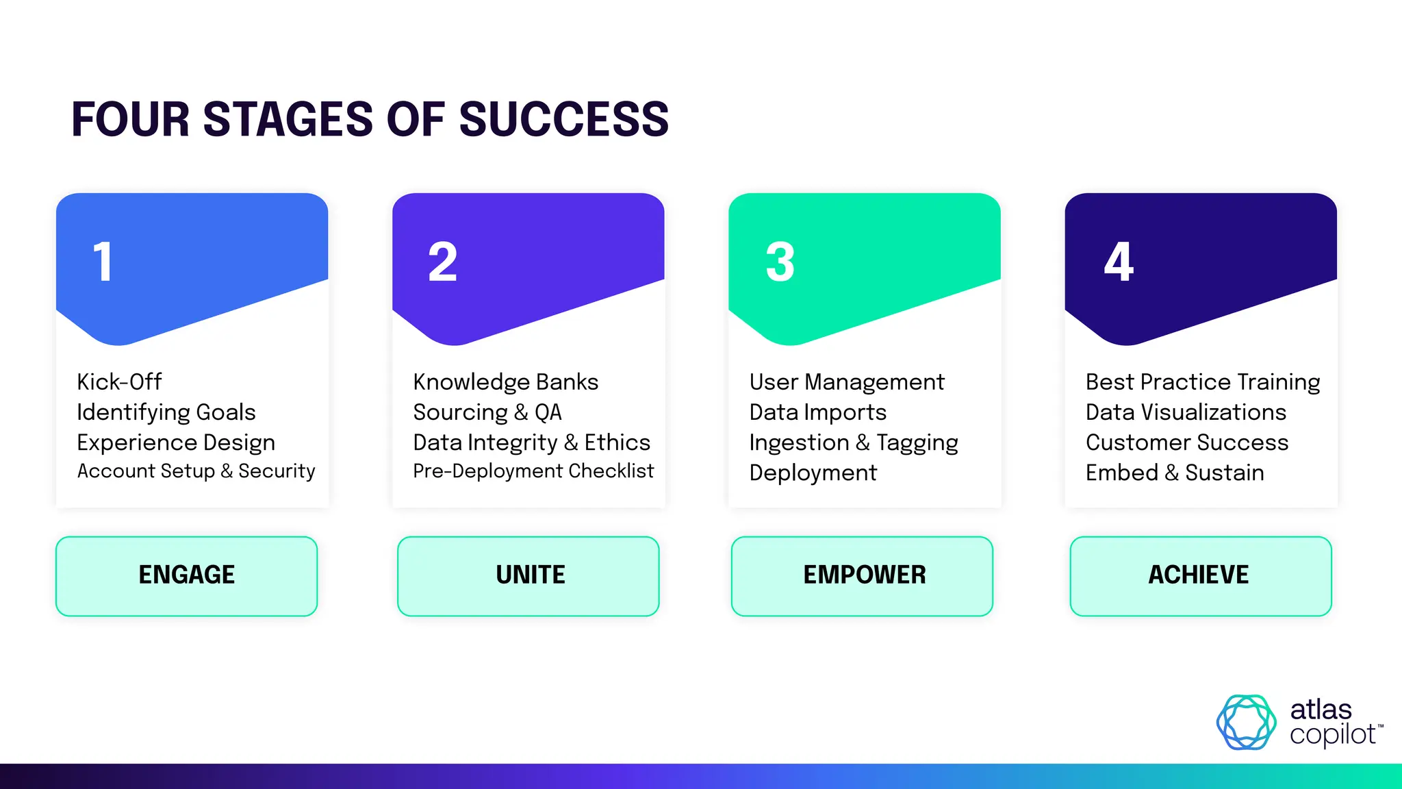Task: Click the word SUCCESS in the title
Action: point(563,120)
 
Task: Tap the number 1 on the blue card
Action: point(103,262)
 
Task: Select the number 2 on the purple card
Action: point(442,262)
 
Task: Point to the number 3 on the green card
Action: point(780,262)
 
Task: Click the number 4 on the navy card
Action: point(1119,262)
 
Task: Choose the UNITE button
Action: point(528,575)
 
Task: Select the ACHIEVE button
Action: point(1200,575)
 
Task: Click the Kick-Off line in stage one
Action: point(119,381)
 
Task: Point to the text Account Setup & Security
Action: point(196,471)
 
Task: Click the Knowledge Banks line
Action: point(505,381)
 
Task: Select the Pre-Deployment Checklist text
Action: point(533,471)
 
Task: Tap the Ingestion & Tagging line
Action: point(853,442)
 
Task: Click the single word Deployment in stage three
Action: point(813,473)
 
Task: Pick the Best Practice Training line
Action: point(1202,381)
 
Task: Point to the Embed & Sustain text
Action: point(1174,473)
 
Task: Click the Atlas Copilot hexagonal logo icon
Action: point(1246,722)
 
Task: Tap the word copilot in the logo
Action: point(1332,735)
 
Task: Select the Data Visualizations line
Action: point(1186,412)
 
